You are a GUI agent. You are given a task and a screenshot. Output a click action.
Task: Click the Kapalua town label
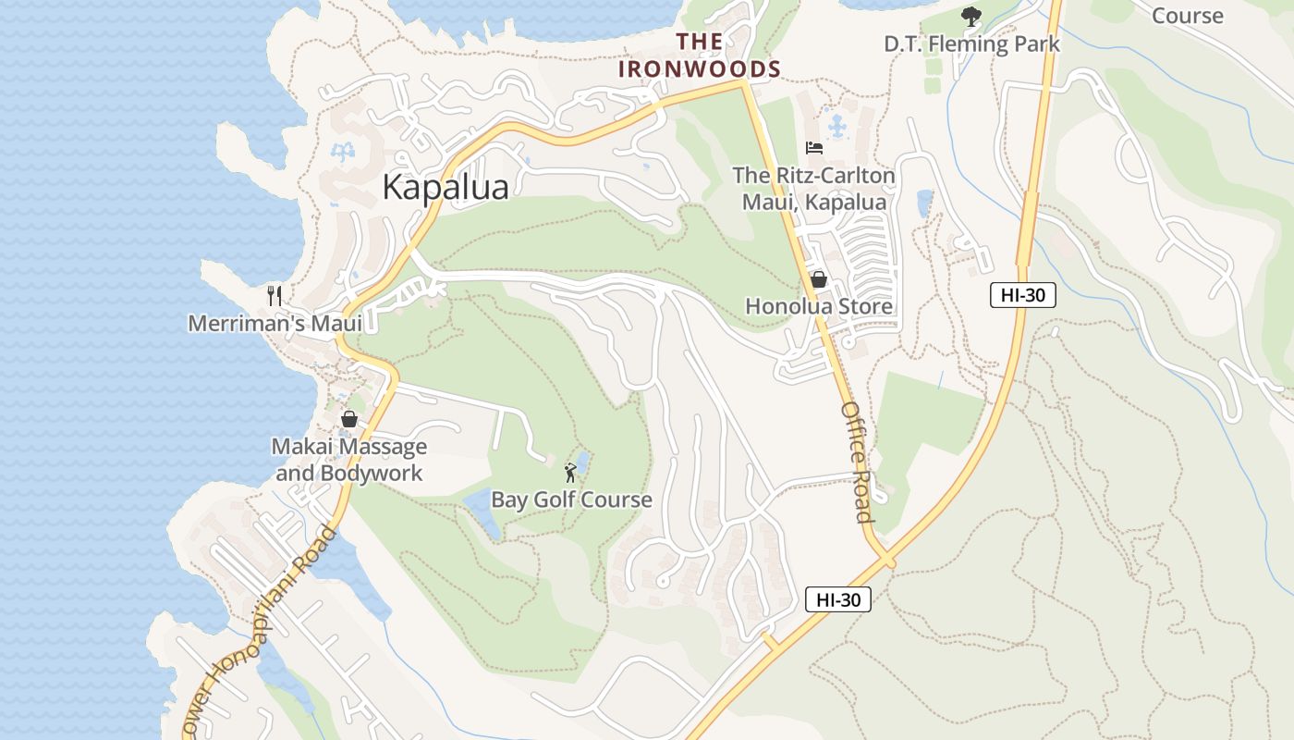(x=445, y=188)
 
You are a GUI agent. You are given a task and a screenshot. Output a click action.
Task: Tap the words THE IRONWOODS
(x=700, y=55)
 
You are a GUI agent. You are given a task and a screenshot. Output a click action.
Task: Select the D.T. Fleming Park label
(x=971, y=43)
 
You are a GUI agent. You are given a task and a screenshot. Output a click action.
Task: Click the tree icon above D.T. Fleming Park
(x=970, y=16)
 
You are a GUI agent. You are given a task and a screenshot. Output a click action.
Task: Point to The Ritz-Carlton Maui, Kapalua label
(x=813, y=189)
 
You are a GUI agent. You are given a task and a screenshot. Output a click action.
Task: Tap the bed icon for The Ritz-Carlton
(x=814, y=148)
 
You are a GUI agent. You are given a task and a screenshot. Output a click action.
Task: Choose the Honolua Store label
(x=819, y=306)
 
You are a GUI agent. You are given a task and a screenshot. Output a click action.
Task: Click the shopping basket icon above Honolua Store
(x=819, y=279)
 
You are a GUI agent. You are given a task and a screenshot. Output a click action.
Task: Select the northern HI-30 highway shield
(x=1022, y=295)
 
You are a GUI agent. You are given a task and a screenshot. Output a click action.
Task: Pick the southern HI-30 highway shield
(x=837, y=599)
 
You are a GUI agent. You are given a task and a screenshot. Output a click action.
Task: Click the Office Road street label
(x=857, y=462)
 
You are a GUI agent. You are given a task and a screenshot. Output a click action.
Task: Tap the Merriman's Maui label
(x=275, y=323)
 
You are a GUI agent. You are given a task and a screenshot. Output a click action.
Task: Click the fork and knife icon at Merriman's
(x=274, y=296)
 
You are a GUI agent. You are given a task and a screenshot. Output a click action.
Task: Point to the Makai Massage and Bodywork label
(x=349, y=460)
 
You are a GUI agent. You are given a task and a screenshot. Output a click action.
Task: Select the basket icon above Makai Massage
(x=349, y=419)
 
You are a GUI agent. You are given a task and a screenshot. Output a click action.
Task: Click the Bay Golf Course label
(x=571, y=500)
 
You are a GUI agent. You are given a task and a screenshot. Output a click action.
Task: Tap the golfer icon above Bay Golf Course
(x=570, y=474)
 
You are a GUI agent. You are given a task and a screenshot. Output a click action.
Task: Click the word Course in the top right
(x=1188, y=16)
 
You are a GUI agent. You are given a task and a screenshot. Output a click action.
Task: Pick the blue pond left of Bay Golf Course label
(x=482, y=512)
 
